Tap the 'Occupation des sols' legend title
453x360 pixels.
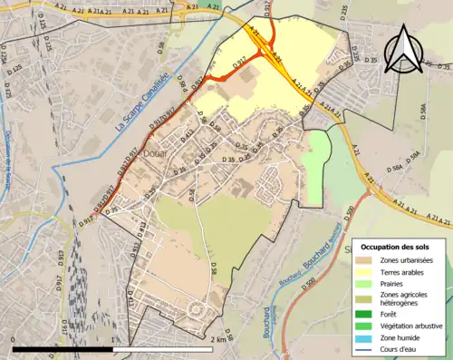397,247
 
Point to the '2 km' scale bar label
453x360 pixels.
217,340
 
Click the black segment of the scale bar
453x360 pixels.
63,348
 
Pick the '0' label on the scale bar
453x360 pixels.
14,340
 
